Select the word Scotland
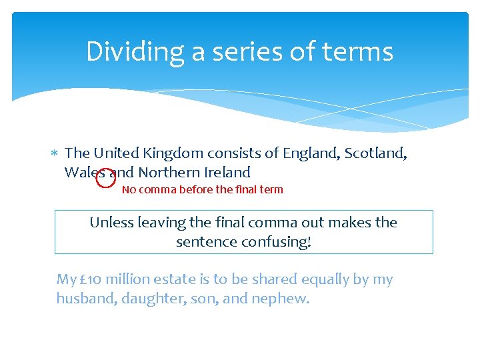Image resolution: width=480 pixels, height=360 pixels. pyautogui.click(x=374, y=153)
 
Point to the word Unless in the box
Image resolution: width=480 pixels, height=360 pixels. pyautogui.click(x=111, y=222)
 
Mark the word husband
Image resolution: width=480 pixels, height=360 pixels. pyautogui.click(x=84, y=299)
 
